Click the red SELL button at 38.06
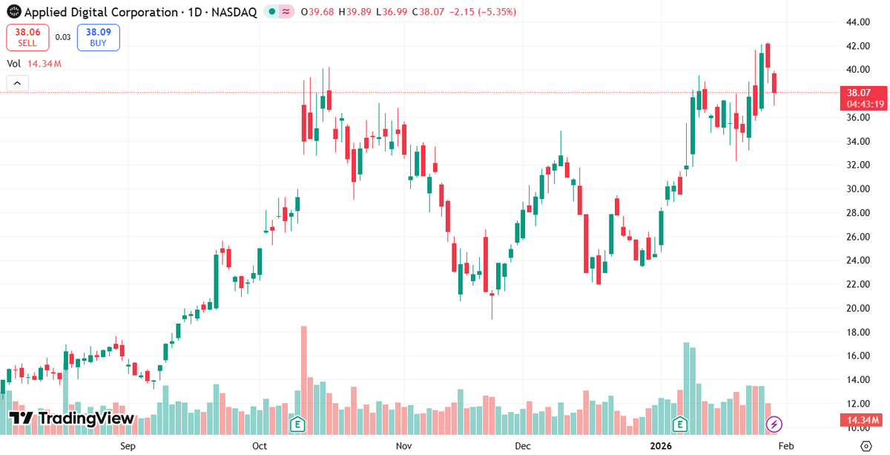(x=28, y=37)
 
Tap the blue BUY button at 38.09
(x=98, y=37)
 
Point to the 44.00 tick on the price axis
(x=858, y=22)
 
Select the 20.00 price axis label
(x=858, y=308)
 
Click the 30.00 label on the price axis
(x=858, y=189)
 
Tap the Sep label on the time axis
(x=128, y=446)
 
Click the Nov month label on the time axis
(x=403, y=446)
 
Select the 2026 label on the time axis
(x=660, y=446)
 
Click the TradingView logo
(x=72, y=419)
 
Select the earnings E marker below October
(x=297, y=425)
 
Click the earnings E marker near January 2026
(x=680, y=425)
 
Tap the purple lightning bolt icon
(x=774, y=425)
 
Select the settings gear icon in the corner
(x=865, y=446)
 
